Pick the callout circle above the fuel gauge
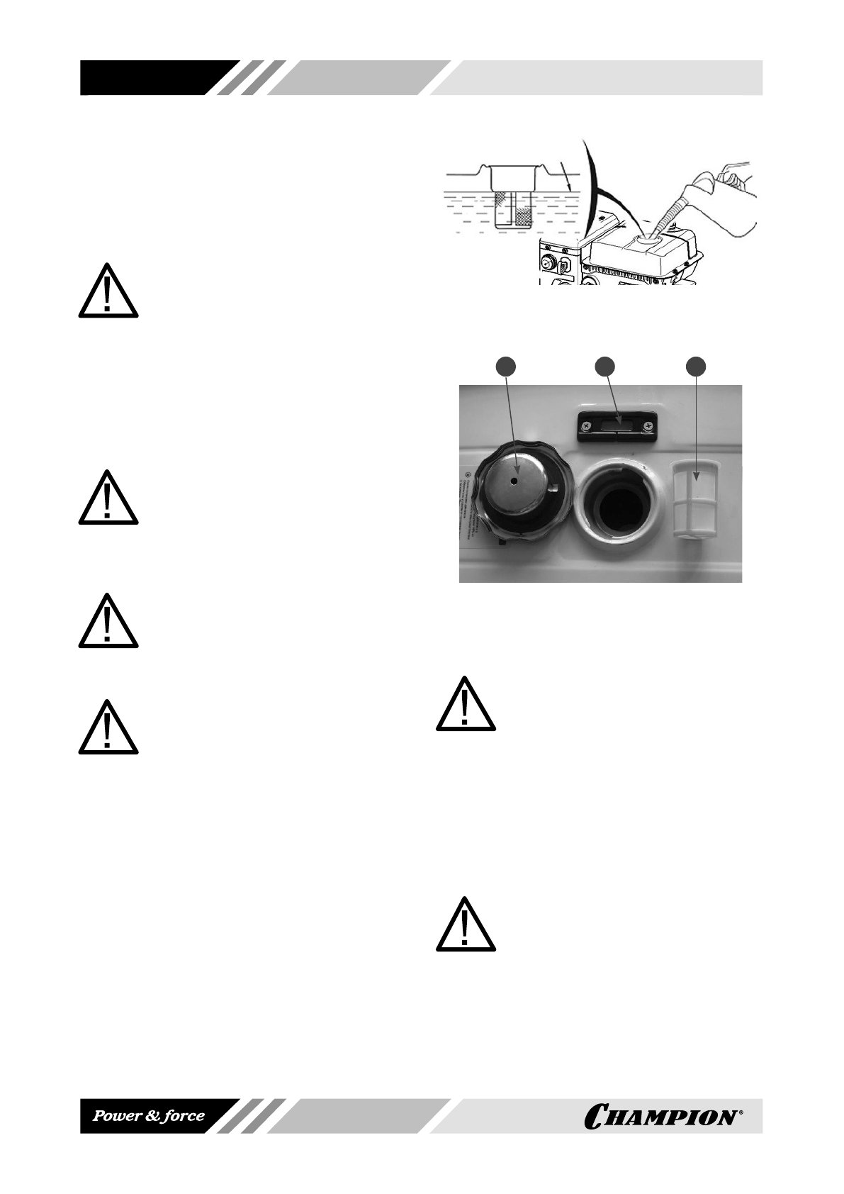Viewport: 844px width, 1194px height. click(x=604, y=367)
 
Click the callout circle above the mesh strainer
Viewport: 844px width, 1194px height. click(x=697, y=367)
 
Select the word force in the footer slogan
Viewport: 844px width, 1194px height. click(x=181, y=1116)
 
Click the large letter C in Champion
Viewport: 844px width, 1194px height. click(x=597, y=1118)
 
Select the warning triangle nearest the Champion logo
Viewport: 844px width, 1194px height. click(x=465, y=925)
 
